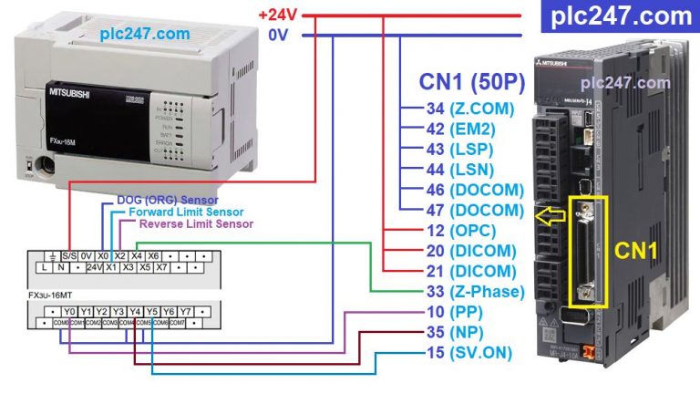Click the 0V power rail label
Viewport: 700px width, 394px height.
pyautogui.click(x=279, y=36)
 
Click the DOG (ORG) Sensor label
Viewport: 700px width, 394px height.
pyautogui.click(x=168, y=200)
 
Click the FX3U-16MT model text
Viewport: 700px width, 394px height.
pyautogui.click(x=49, y=296)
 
